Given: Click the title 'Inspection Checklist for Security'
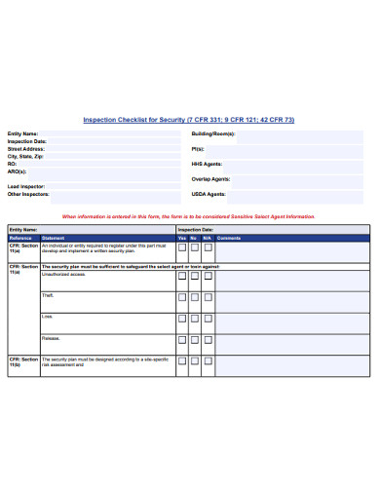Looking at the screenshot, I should click(x=188, y=120).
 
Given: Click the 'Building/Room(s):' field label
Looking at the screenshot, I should click(x=213, y=133).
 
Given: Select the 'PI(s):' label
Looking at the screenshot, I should click(x=198, y=148).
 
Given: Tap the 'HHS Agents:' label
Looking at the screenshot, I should click(x=207, y=164).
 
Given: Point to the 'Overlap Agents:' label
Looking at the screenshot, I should click(x=210, y=179).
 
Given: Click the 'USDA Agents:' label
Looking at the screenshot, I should click(x=209, y=194).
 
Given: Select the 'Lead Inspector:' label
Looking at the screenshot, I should click(x=26, y=186).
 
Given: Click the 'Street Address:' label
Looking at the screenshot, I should click(x=25, y=148).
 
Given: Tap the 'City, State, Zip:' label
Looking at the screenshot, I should click(x=26, y=156).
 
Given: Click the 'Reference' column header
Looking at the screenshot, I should click(x=20, y=238).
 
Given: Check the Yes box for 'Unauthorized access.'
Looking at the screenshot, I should click(x=182, y=276).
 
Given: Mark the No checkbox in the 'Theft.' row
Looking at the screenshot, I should click(x=195, y=297).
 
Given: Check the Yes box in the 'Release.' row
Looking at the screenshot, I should click(x=182, y=339).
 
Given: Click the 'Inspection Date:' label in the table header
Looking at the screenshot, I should click(x=196, y=230).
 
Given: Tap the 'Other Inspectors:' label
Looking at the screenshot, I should click(x=28, y=194).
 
